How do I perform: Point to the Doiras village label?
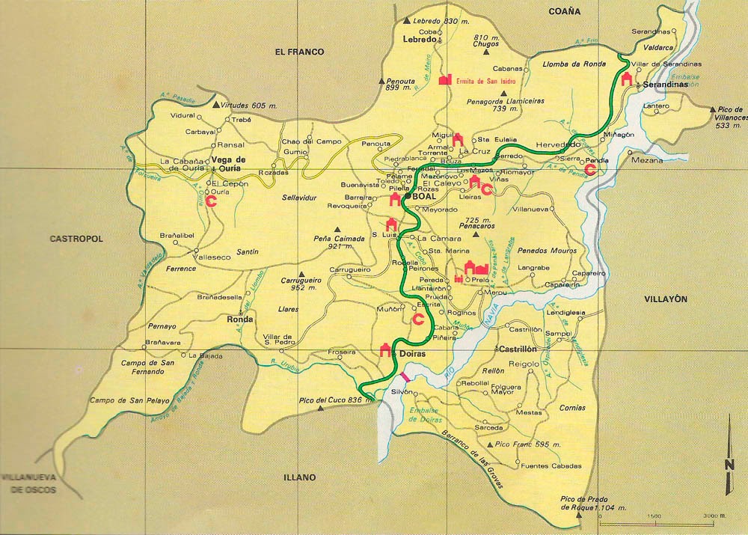[x=412, y=352]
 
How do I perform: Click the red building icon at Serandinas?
[x=626, y=79]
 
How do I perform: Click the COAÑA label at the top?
[x=564, y=11]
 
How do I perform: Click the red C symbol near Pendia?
[x=590, y=170]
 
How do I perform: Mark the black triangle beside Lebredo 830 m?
[x=406, y=22]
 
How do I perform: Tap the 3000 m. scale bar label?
[x=716, y=516]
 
